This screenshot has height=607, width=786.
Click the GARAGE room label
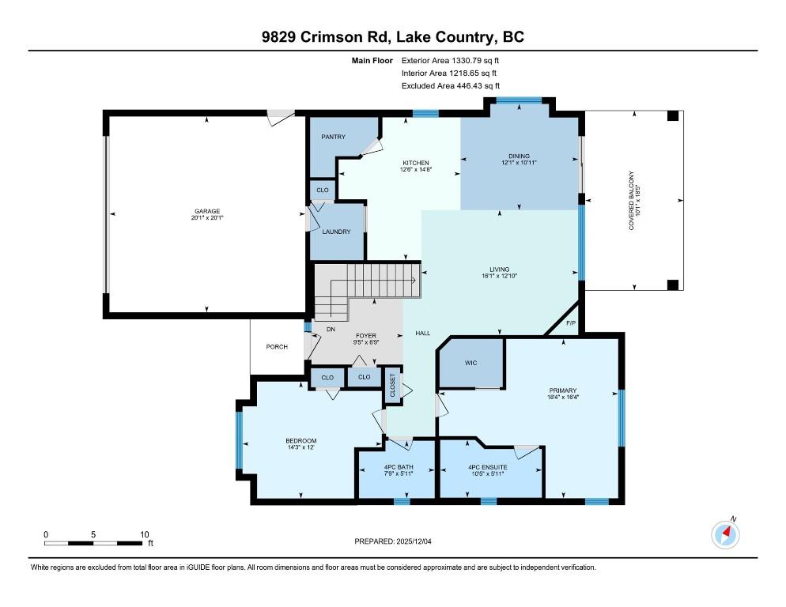207,211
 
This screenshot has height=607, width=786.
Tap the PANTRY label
334,136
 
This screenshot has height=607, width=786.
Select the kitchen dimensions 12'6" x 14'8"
416,169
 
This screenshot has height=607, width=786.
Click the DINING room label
519,156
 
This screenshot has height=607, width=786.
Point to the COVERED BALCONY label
632,201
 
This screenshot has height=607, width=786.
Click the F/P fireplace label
571,322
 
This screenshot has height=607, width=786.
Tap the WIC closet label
470,363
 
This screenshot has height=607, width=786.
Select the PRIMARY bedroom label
563,390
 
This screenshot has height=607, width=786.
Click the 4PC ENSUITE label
488,467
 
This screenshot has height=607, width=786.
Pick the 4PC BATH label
399,467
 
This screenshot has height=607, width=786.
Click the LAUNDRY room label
336,232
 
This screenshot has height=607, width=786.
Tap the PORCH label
277,346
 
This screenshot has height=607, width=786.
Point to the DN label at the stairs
331,330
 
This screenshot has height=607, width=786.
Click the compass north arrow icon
725,535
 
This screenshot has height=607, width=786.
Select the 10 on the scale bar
145,534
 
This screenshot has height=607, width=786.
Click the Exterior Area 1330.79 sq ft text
450,61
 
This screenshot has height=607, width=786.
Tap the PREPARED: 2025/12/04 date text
393,541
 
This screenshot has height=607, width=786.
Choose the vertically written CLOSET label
392,386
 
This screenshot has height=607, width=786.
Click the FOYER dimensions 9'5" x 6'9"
366,342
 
